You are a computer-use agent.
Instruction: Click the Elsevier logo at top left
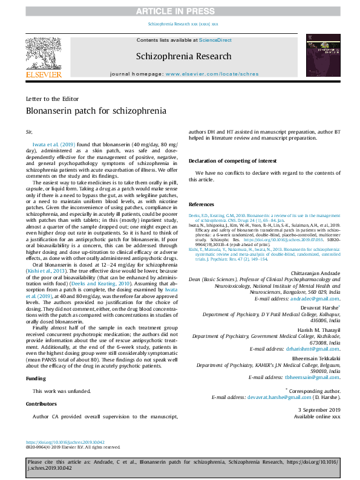coord(43,58)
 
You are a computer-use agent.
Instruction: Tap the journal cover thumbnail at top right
coord(318,58)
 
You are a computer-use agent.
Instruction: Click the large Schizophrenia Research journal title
coord(184,56)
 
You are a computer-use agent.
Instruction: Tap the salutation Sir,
coord(29,131)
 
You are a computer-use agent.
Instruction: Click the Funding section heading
coord(36,378)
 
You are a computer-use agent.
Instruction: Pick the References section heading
coord(201,204)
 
